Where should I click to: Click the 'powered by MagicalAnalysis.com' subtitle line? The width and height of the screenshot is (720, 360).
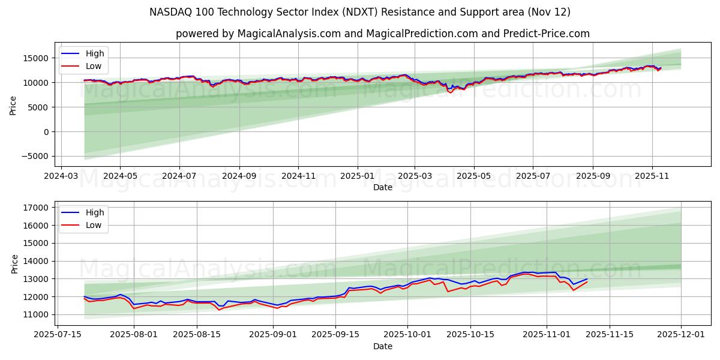(383, 34)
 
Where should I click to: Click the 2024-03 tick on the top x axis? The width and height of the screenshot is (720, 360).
(61, 176)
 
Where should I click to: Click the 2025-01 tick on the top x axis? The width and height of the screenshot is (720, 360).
(358, 176)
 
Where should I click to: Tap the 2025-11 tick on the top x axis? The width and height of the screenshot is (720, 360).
(652, 176)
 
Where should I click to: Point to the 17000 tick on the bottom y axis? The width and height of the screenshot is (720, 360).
(35, 208)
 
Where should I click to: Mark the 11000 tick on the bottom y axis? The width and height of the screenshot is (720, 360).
(35, 314)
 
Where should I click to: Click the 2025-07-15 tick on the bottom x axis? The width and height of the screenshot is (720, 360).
(59, 335)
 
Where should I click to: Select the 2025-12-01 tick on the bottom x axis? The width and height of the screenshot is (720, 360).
(681, 335)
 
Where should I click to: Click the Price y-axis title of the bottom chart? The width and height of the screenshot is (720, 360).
(14, 264)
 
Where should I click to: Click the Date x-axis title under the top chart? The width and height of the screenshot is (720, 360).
(383, 187)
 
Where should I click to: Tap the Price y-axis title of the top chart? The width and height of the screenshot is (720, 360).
(13, 105)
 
